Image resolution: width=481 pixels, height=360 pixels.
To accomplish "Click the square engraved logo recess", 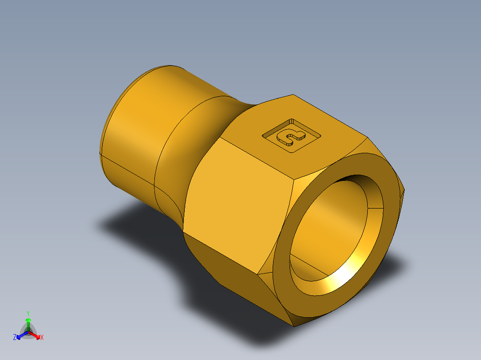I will click(292, 135).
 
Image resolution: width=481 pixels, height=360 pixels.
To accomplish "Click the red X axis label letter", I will click(42, 337).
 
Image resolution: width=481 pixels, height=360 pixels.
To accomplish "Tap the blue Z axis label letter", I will click(15, 337).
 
